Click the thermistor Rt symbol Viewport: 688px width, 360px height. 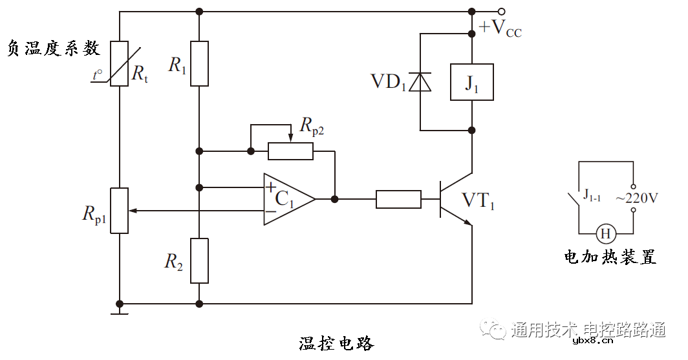[x=120, y=63]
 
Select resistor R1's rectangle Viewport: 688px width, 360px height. [x=199, y=63]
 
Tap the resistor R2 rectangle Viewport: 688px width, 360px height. [x=199, y=260]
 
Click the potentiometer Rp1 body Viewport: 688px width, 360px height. [x=120, y=211]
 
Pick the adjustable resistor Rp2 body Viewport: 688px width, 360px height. [x=291, y=151]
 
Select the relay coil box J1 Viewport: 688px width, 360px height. [x=471, y=82]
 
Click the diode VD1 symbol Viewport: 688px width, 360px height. [x=421, y=82]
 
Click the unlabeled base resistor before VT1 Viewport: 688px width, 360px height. [x=398, y=199]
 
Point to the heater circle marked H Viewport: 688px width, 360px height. [x=606, y=233]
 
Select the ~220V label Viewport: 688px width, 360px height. [x=637, y=198]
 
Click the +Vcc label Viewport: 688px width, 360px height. [x=500, y=29]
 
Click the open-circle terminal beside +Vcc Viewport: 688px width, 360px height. [x=501, y=11]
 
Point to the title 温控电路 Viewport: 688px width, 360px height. [x=336, y=343]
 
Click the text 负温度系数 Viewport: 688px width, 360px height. [x=53, y=48]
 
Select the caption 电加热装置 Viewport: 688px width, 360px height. [x=610, y=257]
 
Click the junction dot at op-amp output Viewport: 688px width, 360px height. [x=334, y=199]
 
